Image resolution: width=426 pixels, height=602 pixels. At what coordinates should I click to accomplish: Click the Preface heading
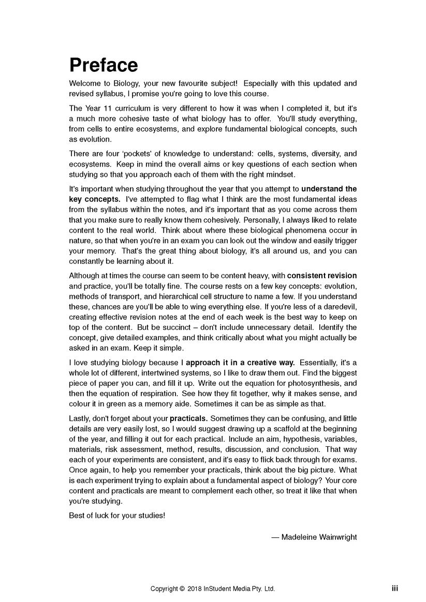coord(104,65)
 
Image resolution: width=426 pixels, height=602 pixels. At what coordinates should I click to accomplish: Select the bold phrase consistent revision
coord(322,276)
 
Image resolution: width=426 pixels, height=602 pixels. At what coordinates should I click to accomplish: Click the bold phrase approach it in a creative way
coord(241,363)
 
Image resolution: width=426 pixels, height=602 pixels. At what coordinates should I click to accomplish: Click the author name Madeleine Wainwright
coord(319,537)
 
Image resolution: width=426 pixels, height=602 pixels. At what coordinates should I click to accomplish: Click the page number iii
coord(394,588)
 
